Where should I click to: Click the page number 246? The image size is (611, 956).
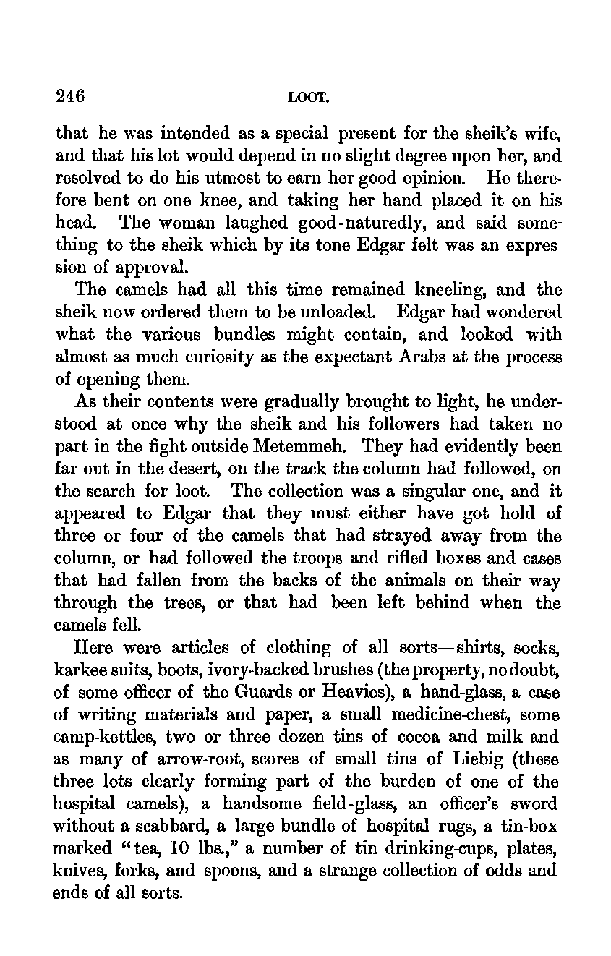(x=70, y=95)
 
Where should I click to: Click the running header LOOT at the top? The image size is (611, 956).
(x=304, y=96)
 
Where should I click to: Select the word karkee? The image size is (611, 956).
(x=78, y=670)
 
